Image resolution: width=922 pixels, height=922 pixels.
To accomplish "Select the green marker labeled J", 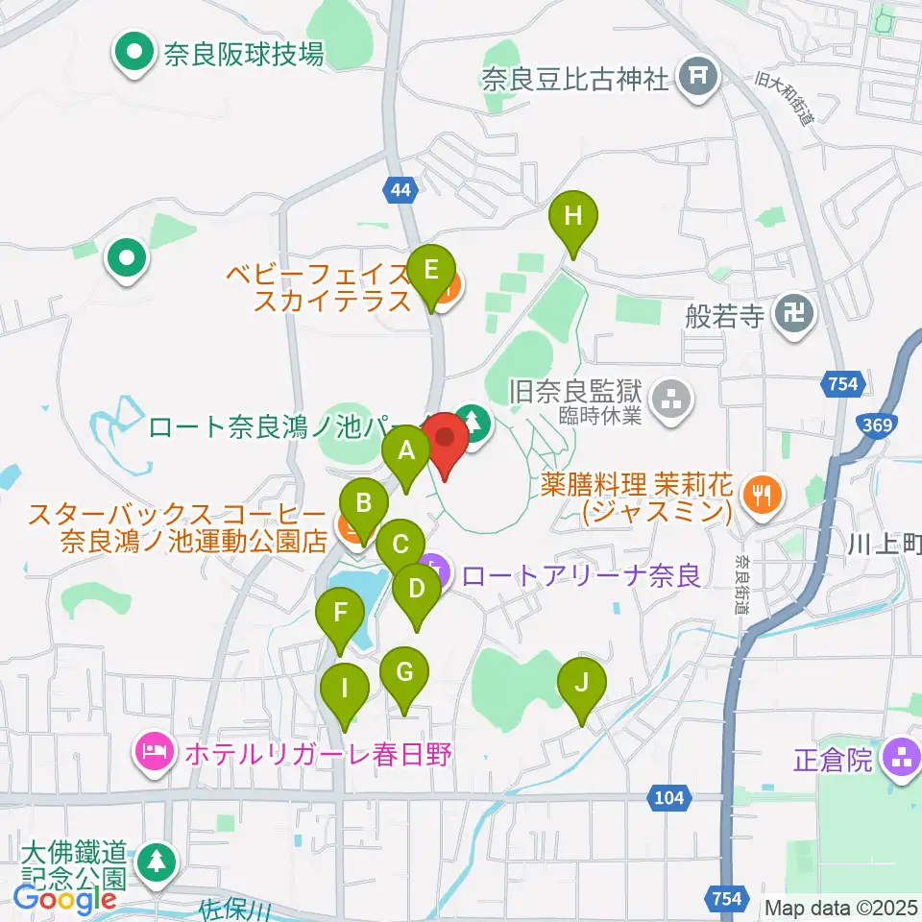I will (x=581, y=684).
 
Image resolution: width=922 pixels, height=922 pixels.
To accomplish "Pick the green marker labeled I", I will (x=342, y=689).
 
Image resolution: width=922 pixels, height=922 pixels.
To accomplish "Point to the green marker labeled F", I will (x=339, y=614).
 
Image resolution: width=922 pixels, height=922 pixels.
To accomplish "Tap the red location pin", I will (x=445, y=437).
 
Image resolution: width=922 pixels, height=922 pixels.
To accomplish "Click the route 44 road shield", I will (x=401, y=190).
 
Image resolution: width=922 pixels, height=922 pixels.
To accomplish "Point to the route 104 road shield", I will (x=672, y=796).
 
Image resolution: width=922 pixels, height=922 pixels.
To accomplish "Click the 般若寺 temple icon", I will (x=796, y=313).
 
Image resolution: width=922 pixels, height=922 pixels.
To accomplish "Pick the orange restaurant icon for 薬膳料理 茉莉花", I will (x=764, y=494).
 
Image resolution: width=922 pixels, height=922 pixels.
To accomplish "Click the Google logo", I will (x=64, y=899).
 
